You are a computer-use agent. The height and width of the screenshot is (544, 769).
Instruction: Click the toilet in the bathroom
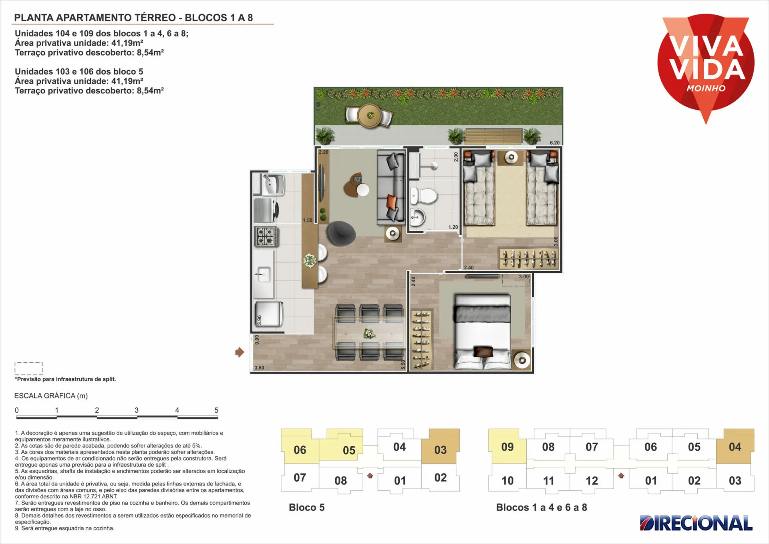point(424,196)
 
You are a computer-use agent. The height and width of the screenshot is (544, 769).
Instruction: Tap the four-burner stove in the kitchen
point(266,236)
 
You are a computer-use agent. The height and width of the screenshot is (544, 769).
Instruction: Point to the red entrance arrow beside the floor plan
point(240,352)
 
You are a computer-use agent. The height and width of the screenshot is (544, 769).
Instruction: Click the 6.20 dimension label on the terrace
point(555,143)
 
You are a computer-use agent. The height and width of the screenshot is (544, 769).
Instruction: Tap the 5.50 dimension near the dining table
point(403,365)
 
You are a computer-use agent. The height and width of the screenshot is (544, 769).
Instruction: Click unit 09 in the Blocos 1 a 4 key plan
point(507,447)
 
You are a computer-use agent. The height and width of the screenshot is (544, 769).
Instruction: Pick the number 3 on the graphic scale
point(137,410)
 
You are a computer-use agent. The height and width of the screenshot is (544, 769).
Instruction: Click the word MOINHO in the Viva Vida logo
point(706,88)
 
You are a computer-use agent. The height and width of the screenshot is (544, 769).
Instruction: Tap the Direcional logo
point(696,523)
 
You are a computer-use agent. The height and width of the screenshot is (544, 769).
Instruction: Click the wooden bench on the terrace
point(493,136)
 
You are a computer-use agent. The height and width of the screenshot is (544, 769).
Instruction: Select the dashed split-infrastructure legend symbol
point(28,369)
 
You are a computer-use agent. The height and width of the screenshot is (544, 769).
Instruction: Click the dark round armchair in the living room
point(340,233)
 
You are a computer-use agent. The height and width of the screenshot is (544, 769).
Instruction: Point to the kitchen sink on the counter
point(263,275)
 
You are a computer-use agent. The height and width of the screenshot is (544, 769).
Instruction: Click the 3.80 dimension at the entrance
point(259,367)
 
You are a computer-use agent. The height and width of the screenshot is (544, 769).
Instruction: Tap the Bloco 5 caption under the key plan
point(307,507)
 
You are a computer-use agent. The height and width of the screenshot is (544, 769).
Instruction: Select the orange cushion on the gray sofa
point(391,201)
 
